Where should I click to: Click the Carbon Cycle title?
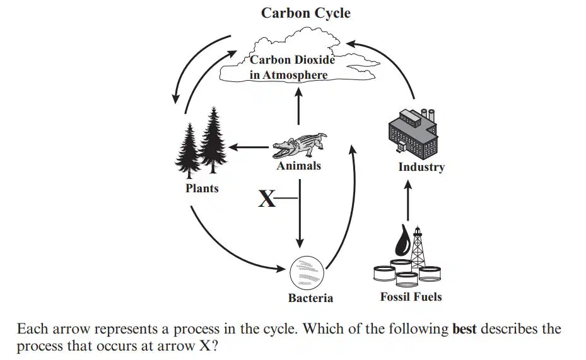pos(306,13)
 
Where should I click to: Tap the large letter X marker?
pos(266,199)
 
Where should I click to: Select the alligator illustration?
pos(300,145)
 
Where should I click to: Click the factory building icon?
pos(413,131)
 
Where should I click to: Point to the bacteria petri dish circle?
pos(307,273)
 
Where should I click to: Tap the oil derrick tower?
pos(418,247)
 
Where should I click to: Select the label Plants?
pos(202,189)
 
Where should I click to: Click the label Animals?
pos(298,166)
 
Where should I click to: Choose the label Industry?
pos(421,167)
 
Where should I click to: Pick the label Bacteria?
pos(310,298)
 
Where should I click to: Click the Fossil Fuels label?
pos(411,297)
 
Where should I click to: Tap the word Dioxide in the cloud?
pos(314,60)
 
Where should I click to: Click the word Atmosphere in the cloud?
pos(295,75)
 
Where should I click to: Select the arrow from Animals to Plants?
pos(249,147)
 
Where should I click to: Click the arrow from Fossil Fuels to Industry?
pos(408,200)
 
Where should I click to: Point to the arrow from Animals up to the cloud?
pos(298,106)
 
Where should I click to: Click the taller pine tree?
pos(213,141)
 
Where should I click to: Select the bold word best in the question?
pos(464,329)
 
